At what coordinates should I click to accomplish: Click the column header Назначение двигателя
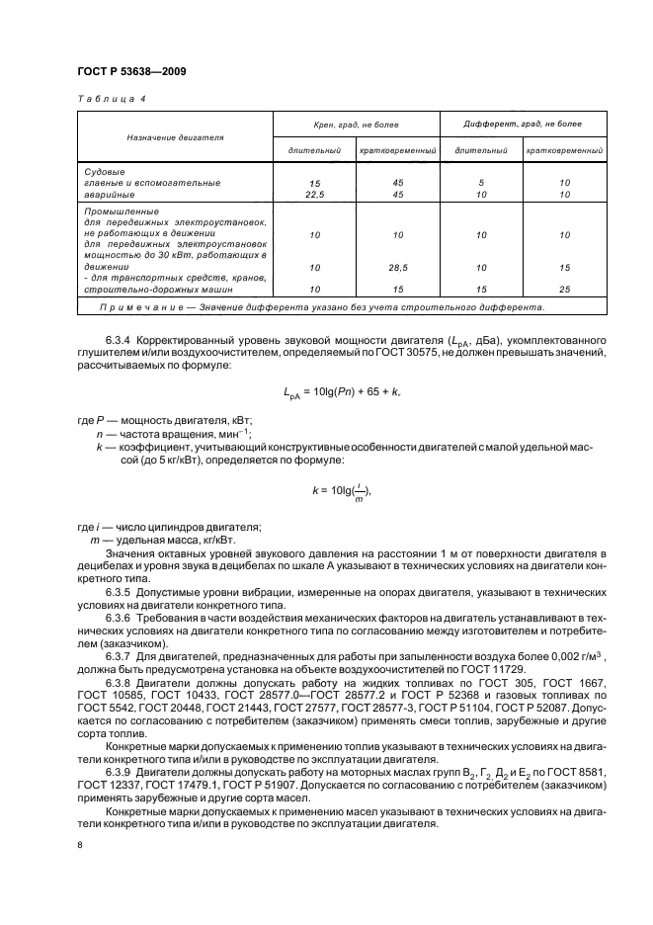point(175,137)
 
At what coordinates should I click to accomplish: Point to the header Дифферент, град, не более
point(523,124)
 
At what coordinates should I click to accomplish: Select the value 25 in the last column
point(564,289)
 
